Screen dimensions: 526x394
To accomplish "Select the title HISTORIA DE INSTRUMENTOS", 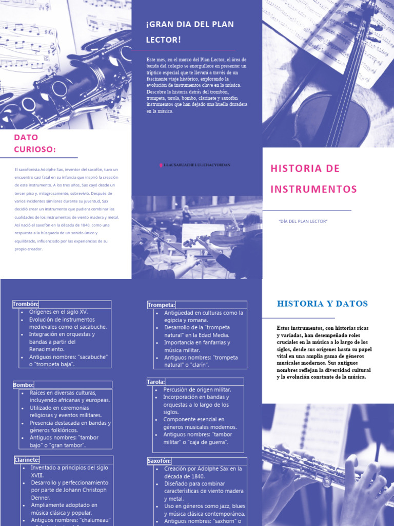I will point(313,179).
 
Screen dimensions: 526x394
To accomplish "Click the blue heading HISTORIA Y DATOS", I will point(322,304).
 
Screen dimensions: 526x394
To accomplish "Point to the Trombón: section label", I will point(26,304).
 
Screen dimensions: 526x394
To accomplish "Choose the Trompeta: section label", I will point(162,305).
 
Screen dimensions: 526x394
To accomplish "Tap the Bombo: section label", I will point(24,385).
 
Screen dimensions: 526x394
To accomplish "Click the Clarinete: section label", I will point(27,460).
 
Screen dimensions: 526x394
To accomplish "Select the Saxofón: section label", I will point(160,461).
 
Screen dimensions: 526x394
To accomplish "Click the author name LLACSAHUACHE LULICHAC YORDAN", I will point(197,165).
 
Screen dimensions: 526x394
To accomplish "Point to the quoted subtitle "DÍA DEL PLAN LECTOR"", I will point(303,221).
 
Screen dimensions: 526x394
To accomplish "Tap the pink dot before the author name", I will point(160,165).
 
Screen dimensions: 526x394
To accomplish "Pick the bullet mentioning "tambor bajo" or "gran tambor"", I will point(64,441).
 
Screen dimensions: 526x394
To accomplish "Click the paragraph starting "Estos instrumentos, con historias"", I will point(324,352).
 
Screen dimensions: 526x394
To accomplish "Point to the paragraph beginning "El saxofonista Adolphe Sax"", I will point(66,209).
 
